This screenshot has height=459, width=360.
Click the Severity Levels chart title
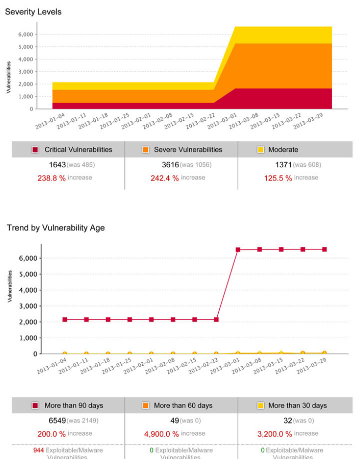(33, 12)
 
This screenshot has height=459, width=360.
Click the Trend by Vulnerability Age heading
(56, 228)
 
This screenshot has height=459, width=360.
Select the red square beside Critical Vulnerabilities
(35, 150)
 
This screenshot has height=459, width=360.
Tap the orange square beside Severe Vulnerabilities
(145, 150)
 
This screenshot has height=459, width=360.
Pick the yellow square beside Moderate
(260, 150)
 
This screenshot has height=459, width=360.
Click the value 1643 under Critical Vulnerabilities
(57, 165)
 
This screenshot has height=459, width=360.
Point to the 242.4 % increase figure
(165, 178)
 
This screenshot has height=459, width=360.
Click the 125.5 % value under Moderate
(278, 178)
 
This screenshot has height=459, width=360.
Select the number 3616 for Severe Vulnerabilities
(170, 165)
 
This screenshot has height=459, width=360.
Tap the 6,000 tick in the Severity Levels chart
(25, 34)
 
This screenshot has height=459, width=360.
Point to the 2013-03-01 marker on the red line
(238, 250)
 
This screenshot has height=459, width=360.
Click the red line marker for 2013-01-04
(65, 320)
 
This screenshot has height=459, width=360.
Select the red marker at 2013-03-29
(324, 249)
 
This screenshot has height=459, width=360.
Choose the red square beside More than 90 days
(35, 406)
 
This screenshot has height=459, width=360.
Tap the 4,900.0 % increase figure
(162, 434)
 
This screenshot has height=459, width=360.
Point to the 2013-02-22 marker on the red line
(216, 320)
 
